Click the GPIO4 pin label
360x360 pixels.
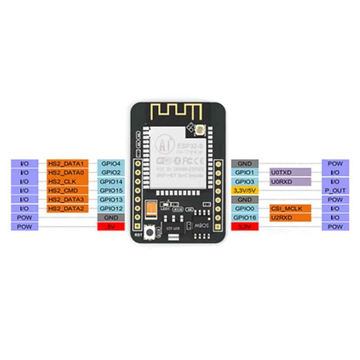tap(110, 163)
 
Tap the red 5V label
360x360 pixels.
tap(110, 227)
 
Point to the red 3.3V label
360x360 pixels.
tap(244, 227)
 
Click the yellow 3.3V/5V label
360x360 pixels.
tap(244, 190)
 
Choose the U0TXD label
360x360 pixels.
tap(290, 172)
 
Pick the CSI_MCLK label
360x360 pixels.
tap(290, 208)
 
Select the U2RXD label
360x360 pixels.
tap(290, 217)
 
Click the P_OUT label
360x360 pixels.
tap(335, 190)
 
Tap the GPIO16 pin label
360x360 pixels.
tap(244, 217)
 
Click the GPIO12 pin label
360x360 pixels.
tap(110, 208)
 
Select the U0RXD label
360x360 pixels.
tap(290, 181)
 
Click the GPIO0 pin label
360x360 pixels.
tap(244, 208)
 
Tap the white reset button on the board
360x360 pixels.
tap(147, 232)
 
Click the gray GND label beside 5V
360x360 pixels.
tap(110, 217)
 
